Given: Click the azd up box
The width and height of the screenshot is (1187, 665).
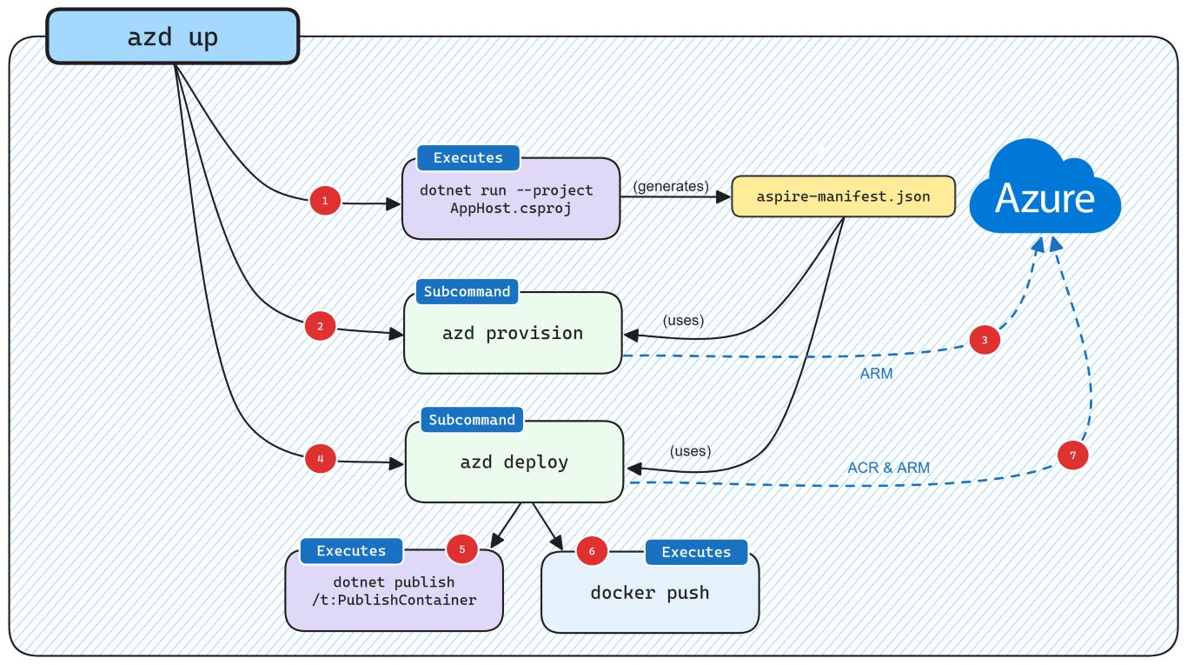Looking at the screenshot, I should pos(172,37).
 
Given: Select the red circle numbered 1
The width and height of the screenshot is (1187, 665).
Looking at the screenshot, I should pos(325,202).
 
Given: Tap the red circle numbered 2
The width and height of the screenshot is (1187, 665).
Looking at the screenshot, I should pos(321,327).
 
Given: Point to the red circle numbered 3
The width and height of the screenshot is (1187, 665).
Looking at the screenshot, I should pos(985,340).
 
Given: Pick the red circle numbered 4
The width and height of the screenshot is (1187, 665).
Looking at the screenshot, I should pos(321,458).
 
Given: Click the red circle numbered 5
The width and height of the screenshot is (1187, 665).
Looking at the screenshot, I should pos(461,549).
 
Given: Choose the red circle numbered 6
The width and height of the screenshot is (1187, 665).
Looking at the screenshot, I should pos(592,551).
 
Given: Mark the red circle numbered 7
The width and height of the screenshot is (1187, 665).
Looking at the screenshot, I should pos(1072,456).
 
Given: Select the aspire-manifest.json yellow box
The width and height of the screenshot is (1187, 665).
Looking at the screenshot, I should pos(843,196).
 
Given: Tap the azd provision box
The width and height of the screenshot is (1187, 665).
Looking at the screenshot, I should pos(513,334).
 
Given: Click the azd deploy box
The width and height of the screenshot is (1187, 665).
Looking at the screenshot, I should pos(514,462).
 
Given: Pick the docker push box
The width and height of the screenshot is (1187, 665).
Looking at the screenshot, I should pos(650,593).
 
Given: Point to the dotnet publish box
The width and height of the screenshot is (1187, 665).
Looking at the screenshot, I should pos(394,592).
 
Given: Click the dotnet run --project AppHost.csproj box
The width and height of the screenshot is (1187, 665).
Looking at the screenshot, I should pos(510,199).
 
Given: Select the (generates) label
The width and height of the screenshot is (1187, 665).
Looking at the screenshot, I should pos(671,186).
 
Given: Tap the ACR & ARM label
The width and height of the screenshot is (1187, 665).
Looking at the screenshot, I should pos(888,468).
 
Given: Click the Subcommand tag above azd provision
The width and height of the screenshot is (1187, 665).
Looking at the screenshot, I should pos(467,291).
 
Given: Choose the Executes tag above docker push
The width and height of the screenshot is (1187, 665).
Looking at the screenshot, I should pos(696,552).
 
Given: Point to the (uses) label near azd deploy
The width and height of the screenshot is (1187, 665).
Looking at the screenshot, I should pos(690,451).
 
